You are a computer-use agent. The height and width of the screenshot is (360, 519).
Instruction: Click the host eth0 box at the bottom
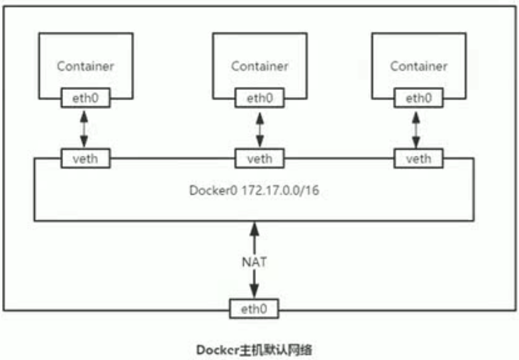253,309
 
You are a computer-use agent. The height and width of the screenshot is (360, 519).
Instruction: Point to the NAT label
253,262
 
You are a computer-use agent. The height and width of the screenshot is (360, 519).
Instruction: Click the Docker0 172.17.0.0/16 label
253,191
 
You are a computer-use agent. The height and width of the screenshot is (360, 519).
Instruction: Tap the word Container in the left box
85,66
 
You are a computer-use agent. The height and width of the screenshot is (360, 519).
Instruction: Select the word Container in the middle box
259,66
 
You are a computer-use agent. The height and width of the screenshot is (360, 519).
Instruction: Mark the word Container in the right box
418,66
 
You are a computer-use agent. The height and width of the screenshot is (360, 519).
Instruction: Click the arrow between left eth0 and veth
84,128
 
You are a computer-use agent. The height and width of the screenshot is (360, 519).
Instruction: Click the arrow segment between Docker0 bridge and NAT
253,238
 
